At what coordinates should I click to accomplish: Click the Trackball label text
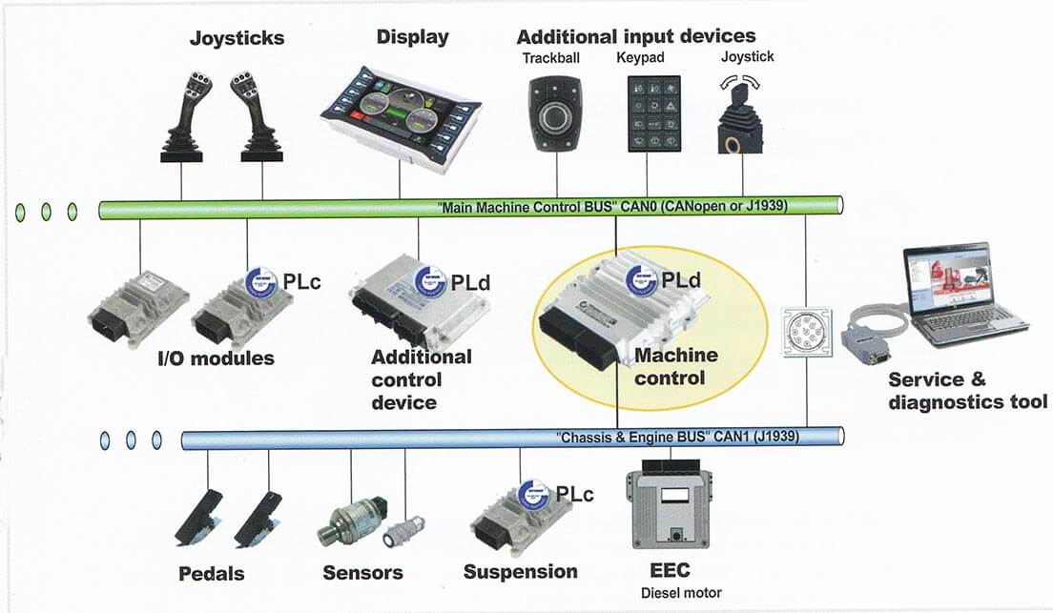coord(550,58)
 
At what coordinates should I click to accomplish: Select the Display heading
coord(412,37)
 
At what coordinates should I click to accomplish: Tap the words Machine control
coord(675,366)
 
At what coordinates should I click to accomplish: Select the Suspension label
coord(520,572)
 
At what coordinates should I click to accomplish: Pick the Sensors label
coord(362,573)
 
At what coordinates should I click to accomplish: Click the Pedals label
coord(212,574)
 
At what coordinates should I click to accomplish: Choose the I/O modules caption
coord(216,358)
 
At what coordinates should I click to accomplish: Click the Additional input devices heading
coord(635,36)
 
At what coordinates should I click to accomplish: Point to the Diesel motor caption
coord(681,593)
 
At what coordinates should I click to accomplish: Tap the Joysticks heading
coord(237,38)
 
